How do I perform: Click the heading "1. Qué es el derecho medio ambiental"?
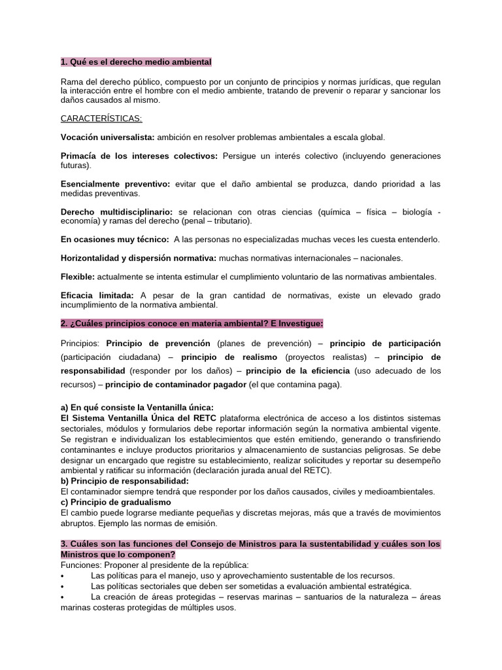136,62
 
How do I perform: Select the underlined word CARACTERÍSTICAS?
101,118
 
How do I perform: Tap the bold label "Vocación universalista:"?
108,137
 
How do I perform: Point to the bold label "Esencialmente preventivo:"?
115,185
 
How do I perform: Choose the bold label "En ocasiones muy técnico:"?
115,239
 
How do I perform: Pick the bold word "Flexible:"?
78,277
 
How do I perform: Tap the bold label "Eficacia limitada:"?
97,296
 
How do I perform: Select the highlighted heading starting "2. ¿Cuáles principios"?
192,324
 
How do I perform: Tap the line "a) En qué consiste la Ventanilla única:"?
137,408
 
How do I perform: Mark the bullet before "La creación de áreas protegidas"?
62,597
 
